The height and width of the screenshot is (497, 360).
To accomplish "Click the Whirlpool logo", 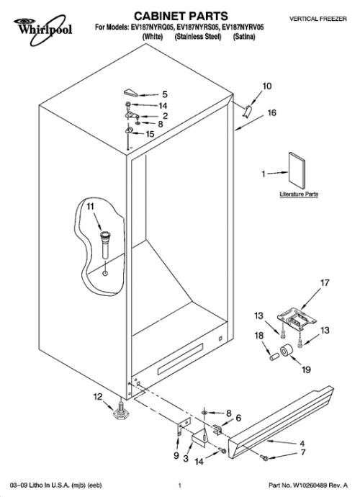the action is click(42, 30).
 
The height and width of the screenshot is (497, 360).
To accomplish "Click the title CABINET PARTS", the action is click(181, 16).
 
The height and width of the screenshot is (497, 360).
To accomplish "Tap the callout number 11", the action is click(90, 206).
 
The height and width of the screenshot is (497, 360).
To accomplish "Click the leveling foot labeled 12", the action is click(121, 412).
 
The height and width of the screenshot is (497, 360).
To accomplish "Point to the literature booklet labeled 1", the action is click(297, 171).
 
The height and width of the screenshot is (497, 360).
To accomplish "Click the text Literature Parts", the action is click(299, 194).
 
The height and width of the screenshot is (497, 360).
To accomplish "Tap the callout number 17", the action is click(325, 282).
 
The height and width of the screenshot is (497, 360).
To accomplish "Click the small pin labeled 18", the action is click(274, 357).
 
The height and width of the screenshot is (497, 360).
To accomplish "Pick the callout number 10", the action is click(267, 86).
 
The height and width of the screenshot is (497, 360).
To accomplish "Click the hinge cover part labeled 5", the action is click(130, 92).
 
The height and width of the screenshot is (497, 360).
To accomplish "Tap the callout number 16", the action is click(272, 112).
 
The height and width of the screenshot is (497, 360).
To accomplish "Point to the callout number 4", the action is click(302, 443).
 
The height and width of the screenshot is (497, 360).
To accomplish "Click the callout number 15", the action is click(150, 134).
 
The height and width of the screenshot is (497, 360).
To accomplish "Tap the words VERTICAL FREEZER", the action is click(318, 19).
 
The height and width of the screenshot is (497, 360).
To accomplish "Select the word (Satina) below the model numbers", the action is click(244, 37).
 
